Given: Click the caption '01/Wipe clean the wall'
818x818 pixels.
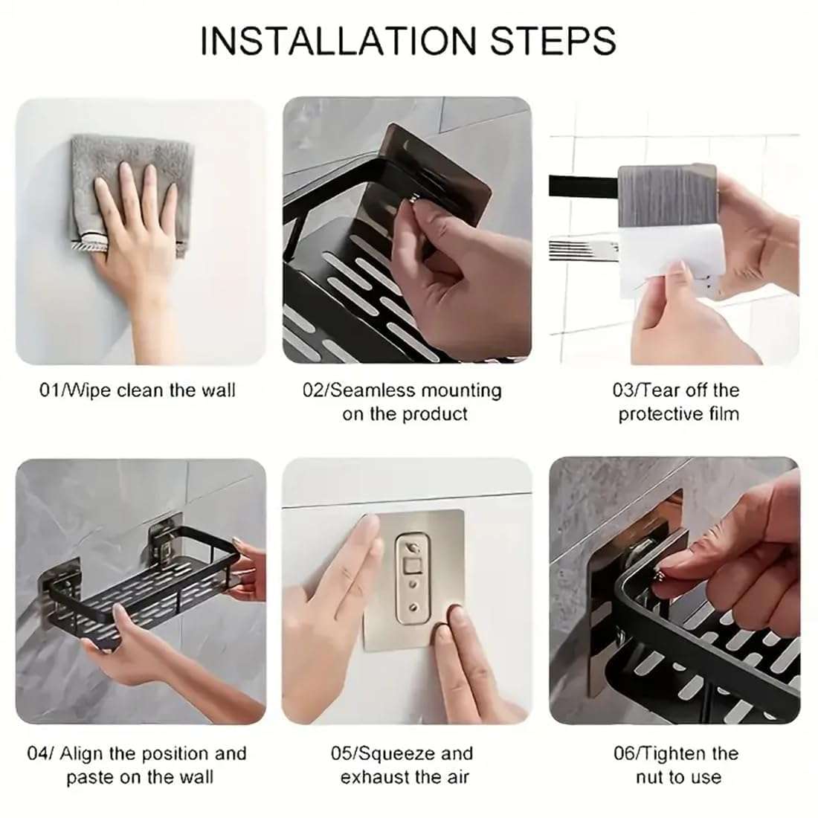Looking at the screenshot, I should tap(137, 390).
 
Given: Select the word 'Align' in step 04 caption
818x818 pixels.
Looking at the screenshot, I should tap(83, 753).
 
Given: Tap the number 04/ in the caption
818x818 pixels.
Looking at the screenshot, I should tap(40, 753).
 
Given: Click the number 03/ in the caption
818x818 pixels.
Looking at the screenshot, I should tap(626, 390).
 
